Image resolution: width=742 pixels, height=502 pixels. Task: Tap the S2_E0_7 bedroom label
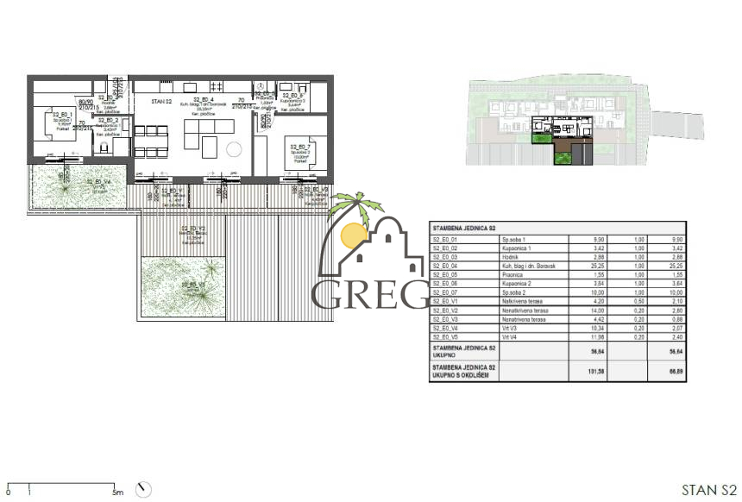(299, 147)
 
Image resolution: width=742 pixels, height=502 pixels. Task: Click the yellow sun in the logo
(353, 235)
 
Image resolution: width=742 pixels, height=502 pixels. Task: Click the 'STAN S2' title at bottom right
(708, 490)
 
